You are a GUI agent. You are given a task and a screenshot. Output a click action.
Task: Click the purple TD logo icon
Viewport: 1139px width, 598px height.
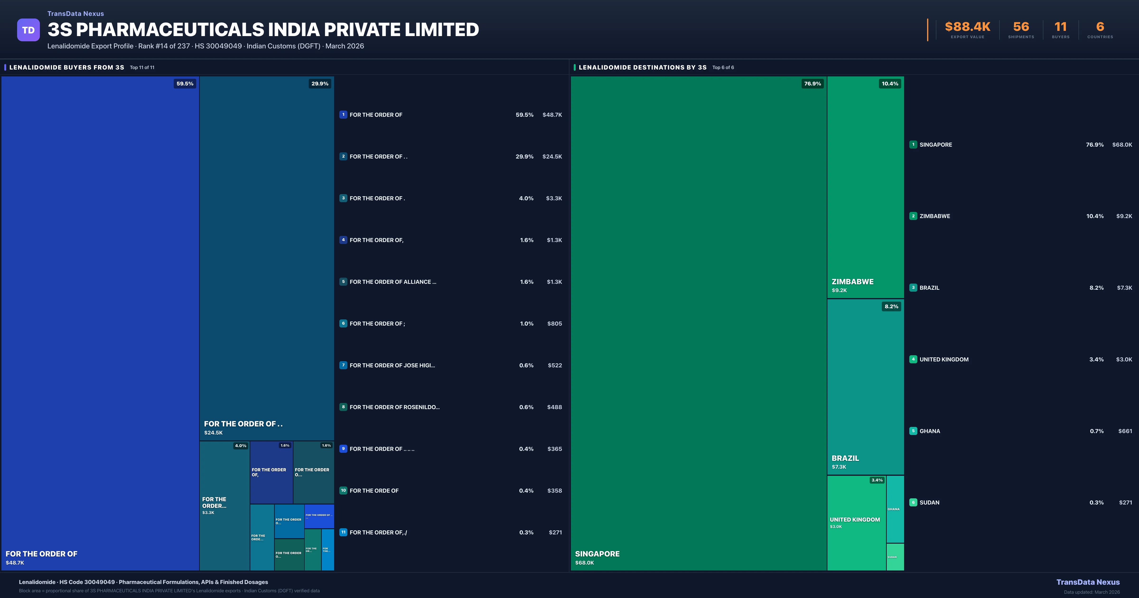coord(28,30)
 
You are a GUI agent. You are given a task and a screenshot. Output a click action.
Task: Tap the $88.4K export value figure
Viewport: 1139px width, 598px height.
coord(967,27)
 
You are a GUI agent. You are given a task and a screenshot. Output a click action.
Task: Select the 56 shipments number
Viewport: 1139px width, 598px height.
coord(1021,27)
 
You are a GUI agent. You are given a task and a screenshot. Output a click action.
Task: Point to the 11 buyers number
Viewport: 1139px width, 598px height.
coord(1060,27)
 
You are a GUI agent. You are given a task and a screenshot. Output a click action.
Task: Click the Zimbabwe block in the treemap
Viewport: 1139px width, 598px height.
coord(865,186)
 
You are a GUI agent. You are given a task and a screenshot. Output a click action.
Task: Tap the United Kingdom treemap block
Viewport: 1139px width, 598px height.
coord(856,522)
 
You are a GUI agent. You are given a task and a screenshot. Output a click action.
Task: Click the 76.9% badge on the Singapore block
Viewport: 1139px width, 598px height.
coord(812,84)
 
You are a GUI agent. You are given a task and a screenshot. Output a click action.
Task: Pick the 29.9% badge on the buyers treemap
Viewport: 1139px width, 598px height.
coord(320,84)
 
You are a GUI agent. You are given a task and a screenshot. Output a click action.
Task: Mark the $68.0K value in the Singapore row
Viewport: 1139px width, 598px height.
coord(1122,145)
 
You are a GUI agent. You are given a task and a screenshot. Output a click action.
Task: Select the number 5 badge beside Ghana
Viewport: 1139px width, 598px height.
coord(913,431)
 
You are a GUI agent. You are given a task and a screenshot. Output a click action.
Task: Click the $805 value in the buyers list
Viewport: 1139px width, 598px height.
coord(555,324)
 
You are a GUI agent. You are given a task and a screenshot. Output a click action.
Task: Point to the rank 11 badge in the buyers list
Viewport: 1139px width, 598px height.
coord(343,532)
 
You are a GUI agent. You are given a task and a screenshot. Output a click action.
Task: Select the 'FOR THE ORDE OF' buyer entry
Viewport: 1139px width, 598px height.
coord(374,491)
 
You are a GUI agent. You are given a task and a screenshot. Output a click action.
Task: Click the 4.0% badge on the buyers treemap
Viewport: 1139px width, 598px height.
coord(241,446)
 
